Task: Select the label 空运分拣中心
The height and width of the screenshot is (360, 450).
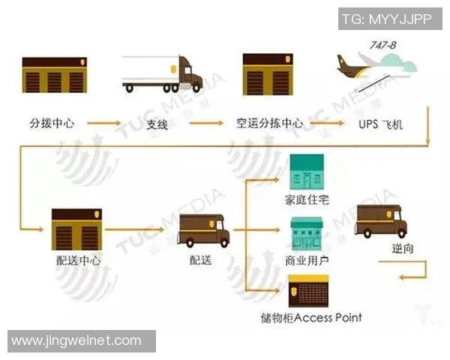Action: click(x=268, y=122)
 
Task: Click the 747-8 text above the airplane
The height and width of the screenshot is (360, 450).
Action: click(x=382, y=46)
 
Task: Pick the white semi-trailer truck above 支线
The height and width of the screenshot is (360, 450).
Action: click(x=161, y=74)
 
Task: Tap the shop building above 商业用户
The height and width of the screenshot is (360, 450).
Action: click(x=306, y=235)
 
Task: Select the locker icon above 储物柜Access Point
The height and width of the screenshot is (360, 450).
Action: click(x=307, y=290)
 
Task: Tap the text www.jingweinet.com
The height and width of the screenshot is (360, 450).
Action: click(x=76, y=340)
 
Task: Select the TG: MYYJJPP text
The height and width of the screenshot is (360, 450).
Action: click(x=386, y=19)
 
